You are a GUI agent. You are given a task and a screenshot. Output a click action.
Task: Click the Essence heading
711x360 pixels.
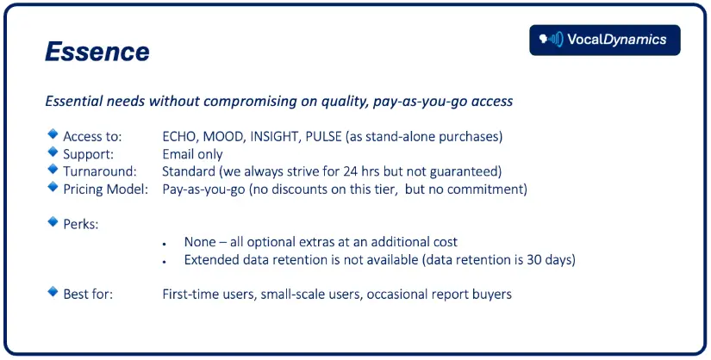[97, 51]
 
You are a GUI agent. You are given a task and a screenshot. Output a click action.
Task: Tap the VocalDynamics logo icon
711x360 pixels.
[551, 40]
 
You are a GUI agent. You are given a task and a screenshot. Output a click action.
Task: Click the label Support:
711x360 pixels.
[89, 155]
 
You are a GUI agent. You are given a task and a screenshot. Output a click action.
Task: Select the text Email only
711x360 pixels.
[192, 154]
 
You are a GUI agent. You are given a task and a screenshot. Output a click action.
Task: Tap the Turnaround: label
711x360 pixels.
[100, 172]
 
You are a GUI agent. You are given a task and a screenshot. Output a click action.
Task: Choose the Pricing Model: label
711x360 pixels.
[106, 189]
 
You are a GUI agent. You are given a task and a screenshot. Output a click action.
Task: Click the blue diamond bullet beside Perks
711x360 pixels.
[53, 221]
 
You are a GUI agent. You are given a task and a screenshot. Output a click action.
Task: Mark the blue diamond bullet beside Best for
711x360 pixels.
[53, 292]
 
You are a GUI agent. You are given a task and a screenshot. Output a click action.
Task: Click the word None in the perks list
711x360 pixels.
[200, 242]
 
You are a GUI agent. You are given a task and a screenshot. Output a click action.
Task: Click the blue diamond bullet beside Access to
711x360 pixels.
[53, 133]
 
